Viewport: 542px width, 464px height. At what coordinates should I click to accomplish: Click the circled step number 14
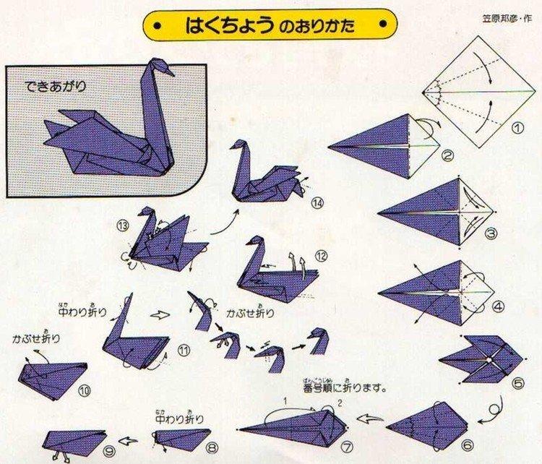click(317, 203)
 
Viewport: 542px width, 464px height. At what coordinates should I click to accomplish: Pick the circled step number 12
click(321, 255)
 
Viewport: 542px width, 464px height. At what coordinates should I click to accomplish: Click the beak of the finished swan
click(170, 71)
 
